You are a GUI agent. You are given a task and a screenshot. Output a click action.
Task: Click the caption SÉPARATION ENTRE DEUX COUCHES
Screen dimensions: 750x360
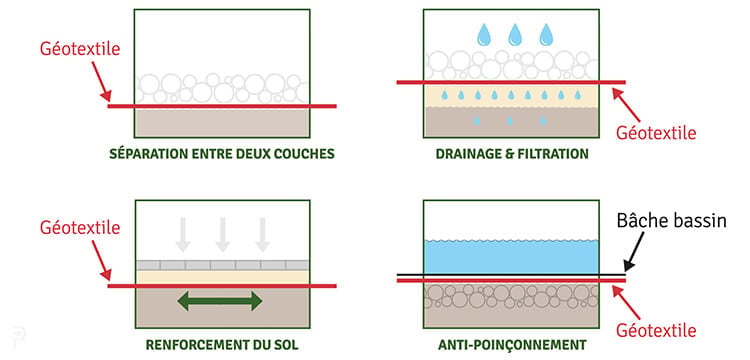point(222,154)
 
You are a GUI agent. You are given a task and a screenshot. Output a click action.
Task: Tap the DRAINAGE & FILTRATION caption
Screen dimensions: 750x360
point(512,154)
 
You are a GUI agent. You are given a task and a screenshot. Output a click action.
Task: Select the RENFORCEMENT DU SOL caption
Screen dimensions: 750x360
point(222,345)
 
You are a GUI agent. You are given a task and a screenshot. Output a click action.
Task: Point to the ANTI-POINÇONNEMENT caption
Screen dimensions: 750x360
point(512,345)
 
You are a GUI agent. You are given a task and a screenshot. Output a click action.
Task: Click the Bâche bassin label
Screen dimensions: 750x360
point(672,221)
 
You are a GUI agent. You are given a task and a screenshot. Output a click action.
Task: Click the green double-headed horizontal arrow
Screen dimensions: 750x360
point(220,301)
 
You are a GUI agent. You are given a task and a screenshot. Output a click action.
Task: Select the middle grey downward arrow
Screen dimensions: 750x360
point(222,234)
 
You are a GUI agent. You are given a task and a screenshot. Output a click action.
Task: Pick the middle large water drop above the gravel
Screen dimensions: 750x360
point(516,34)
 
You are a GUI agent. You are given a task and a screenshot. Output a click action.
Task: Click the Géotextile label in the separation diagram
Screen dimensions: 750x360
point(80,49)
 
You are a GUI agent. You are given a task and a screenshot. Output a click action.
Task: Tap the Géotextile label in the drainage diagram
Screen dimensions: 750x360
point(656,133)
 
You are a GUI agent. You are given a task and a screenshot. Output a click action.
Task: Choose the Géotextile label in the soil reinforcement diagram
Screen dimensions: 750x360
point(80,228)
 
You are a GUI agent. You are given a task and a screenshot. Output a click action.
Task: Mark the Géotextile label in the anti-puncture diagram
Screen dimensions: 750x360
point(656,330)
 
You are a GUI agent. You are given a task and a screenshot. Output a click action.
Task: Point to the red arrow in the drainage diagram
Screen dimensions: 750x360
point(627,105)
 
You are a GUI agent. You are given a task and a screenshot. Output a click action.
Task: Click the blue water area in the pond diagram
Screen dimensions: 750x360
point(511,257)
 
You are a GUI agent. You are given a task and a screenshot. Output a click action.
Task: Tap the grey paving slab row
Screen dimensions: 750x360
point(222,265)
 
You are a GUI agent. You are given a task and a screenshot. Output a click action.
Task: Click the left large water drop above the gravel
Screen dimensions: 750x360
point(485,34)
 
